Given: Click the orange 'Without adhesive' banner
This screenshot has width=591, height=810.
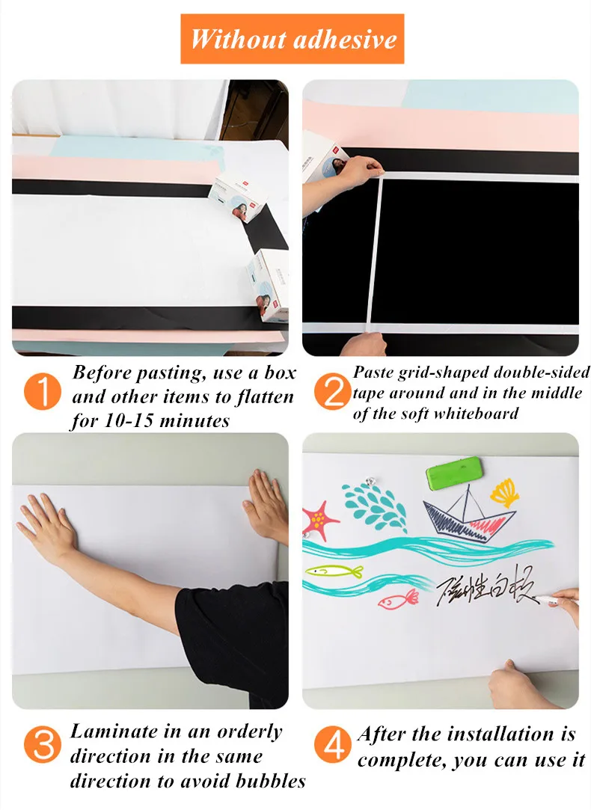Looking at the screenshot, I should [293, 39].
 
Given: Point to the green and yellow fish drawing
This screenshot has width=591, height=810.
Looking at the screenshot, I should [334, 571].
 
